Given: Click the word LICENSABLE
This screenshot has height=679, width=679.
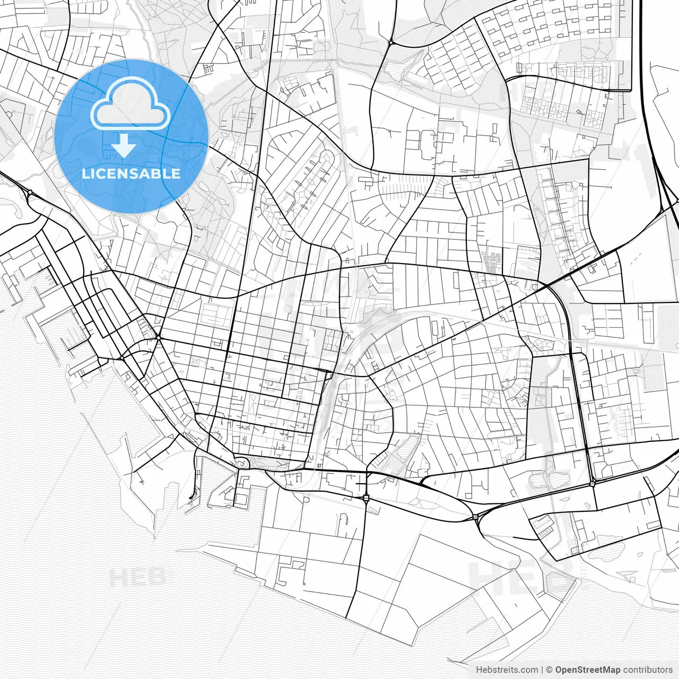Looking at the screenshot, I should pos(131,173).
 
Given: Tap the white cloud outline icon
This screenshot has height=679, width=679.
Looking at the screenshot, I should pos(130,103).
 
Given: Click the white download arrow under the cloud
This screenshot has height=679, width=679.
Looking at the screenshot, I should pos(124,145).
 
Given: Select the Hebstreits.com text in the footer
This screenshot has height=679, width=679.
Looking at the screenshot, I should pos(507,670).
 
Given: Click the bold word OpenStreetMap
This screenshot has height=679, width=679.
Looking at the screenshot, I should pos(588,670).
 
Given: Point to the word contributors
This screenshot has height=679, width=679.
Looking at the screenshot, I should pos(648,670).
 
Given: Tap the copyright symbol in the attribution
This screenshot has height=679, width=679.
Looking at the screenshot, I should pos(550,670).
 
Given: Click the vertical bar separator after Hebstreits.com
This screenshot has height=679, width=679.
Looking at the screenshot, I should pos(542,670).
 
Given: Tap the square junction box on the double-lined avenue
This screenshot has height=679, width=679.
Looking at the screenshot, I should pos(366,498).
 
